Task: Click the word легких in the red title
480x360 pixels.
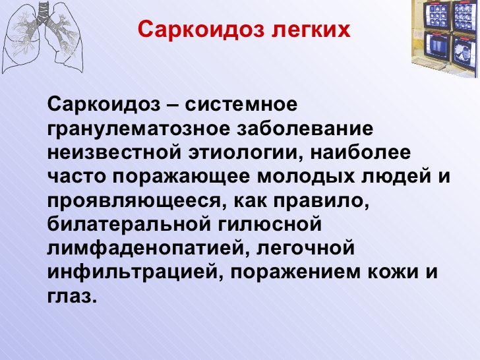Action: click(x=311, y=30)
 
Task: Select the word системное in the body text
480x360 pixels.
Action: click(x=241, y=104)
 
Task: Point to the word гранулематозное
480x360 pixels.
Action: click(x=138, y=129)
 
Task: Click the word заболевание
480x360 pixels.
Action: click(x=305, y=129)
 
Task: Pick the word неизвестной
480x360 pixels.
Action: click(x=114, y=153)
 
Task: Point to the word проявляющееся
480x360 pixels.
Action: click(x=134, y=202)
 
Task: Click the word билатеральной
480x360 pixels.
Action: click(x=129, y=224)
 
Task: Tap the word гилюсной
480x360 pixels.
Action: click(x=270, y=225)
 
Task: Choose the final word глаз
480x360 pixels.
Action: click(x=72, y=295)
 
